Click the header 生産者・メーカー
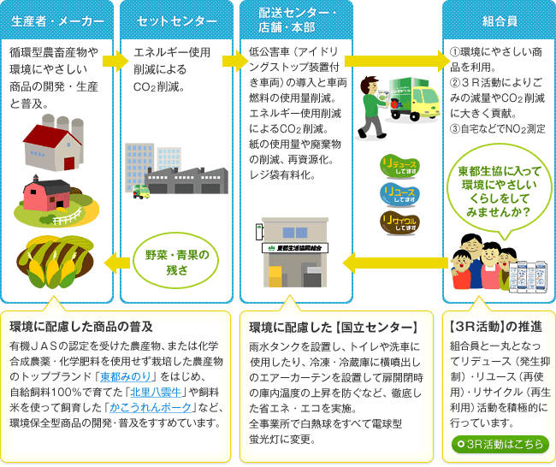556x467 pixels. (57, 21)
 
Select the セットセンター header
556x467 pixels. (176, 21)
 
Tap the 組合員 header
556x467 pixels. (500, 21)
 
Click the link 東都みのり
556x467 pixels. (126, 376)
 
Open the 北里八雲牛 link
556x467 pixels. (156, 393)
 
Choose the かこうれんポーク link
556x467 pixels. (151, 408)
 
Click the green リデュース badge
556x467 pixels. (399, 166)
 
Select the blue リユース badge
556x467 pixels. (399, 194)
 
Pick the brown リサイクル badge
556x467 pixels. (399, 222)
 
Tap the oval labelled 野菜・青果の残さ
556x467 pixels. (176, 261)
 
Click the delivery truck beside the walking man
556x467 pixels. (414, 98)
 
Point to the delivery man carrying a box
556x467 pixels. (373, 107)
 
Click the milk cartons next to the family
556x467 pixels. (529, 276)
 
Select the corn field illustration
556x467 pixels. (56, 262)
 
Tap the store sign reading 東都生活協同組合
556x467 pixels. (295, 248)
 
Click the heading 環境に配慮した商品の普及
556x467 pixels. (81, 327)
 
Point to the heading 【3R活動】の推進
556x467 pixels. (496, 327)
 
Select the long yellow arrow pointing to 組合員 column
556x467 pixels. (397, 61)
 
